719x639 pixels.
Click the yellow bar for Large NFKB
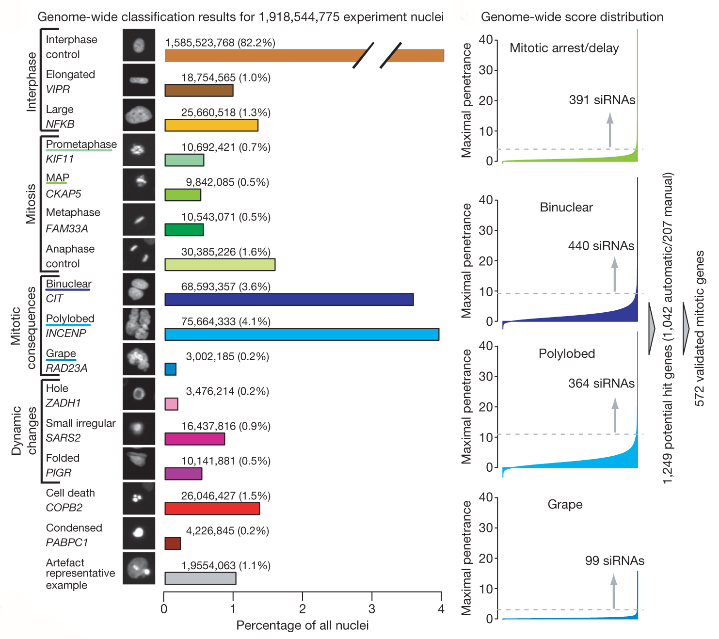(x=211, y=125)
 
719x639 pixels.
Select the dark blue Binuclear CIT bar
(x=289, y=300)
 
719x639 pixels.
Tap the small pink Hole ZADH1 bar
(x=171, y=404)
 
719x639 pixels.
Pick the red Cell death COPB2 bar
(x=212, y=509)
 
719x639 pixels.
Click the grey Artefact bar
(x=200, y=578)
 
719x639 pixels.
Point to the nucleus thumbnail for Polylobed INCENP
(x=139, y=324)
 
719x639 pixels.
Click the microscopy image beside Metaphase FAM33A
(x=139, y=219)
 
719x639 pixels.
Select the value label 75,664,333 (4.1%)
(x=225, y=321)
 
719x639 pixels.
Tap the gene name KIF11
(x=60, y=159)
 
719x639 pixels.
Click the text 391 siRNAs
(x=602, y=100)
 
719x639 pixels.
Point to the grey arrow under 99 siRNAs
(x=614, y=591)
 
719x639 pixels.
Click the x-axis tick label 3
(x=372, y=609)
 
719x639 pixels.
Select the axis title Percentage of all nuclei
(x=302, y=625)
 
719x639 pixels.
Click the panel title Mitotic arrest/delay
(x=564, y=48)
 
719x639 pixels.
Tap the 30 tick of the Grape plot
(x=485, y=527)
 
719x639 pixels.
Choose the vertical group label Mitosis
(x=31, y=204)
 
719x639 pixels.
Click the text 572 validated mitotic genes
(x=699, y=328)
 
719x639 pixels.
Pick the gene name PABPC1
(x=67, y=542)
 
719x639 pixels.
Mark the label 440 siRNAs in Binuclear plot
(x=601, y=246)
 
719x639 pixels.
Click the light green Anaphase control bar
(x=220, y=265)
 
